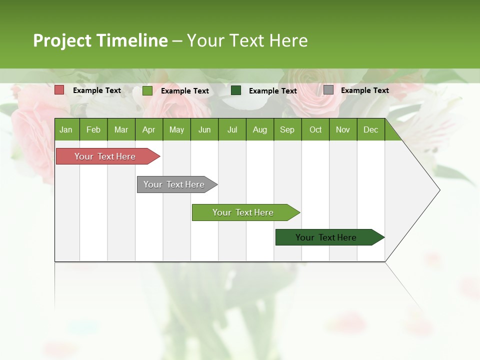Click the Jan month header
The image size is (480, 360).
click(x=66, y=129)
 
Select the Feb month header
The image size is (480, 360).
click(x=93, y=129)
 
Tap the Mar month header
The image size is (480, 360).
click(x=121, y=129)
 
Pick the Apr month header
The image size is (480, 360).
click(x=148, y=129)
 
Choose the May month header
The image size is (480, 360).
click(x=176, y=129)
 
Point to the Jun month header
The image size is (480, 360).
click(x=204, y=129)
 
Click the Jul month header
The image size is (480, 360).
click(x=232, y=129)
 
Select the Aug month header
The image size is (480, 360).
click(x=260, y=129)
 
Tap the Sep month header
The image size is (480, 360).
click(x=287, y=129)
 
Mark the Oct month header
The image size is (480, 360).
click(x=315, y=129)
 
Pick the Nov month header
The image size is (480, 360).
click(x=343, y=129)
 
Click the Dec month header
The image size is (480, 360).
click(x=371, y=129)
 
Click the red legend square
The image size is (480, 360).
click(x=59, y=90)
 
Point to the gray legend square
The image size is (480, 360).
click(x=328, y=90)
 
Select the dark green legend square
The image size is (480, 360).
click(x=236, y=90)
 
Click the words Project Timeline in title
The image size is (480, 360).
click(x=100, y=40)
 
